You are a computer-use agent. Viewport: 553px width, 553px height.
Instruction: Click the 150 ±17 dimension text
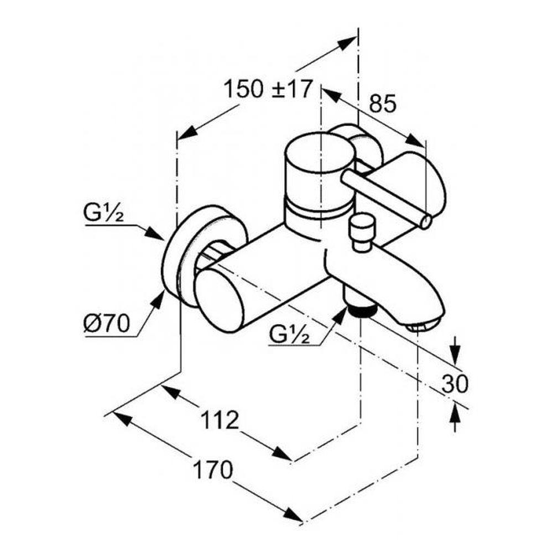(x=268, y=88)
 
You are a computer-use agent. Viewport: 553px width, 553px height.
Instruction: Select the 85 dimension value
(x=383, y=104)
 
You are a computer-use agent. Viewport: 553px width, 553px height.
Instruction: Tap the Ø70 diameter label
(x=107, y=323)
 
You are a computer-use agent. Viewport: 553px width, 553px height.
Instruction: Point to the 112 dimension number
(x=220, y=420)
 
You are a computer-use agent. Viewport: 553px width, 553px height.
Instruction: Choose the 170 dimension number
(x=213, y=469)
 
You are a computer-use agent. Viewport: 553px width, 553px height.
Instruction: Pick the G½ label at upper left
(x=103, y=213)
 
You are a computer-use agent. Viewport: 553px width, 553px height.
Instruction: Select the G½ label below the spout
(x=289, y=334)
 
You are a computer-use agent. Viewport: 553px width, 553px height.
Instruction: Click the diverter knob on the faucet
(x=363, y=233)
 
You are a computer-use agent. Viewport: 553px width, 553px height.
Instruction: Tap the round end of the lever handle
(x=426, y=222)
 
